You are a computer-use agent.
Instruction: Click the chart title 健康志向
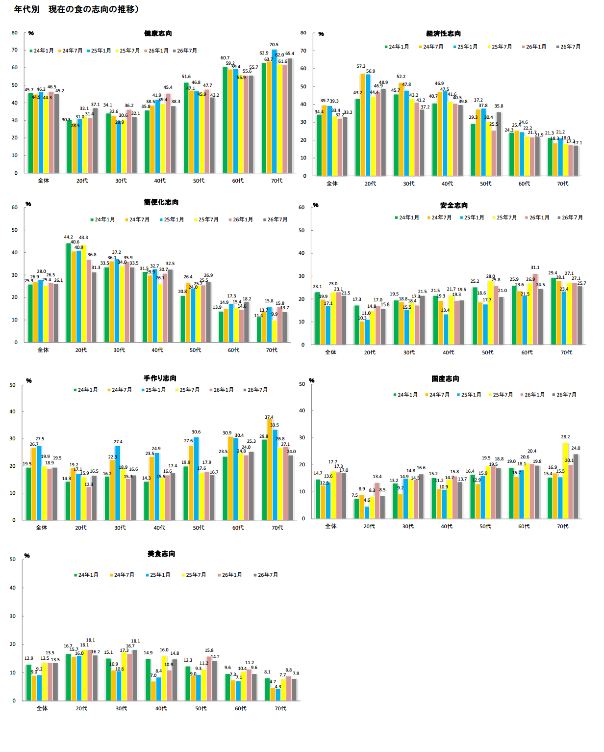[x=158, y=33]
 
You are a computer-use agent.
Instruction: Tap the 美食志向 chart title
[x=161, y=554]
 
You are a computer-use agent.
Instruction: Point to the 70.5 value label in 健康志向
[x=274, y=45]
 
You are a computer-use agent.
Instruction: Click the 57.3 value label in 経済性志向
[x=361, y=66]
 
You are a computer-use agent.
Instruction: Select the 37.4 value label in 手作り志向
[x=269, y=417]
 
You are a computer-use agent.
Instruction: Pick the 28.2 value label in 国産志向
[x=565, y=437]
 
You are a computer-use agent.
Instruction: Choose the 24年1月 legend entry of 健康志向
[x=42, y=51]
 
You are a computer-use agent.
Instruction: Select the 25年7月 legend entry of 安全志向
[x=504, y=217]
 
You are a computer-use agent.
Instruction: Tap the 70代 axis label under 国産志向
[x=563, y=526]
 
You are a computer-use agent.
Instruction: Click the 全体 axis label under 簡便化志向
[x=43, y=350]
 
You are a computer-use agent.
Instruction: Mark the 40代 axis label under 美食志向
[x=161, y=708]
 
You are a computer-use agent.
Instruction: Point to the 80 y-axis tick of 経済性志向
[x=303, y=33]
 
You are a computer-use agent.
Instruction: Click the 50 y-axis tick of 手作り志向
[x=13, y=385]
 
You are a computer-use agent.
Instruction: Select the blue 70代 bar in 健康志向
[x=275, y=111]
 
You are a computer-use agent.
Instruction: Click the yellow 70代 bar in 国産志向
[x=566, y=481]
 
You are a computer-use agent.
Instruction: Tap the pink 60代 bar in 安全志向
[x=535, y=309]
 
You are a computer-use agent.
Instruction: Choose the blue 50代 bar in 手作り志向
[x=196, y=479]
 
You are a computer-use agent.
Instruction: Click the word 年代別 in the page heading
[x=26, y=9]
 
